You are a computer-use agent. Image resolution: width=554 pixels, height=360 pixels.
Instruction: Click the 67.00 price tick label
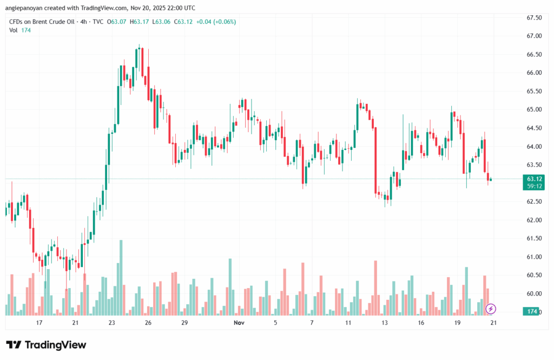(x=535, y=36)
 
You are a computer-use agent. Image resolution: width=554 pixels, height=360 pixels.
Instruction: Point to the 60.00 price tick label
(x=535, y=293)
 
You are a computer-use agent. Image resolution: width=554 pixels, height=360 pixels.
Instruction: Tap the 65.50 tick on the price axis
(x=535, y=91)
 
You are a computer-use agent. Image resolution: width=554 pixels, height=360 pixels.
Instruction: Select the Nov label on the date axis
(x=238, y=323)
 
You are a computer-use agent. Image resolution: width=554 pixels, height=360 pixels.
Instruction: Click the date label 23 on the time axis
(x=111, y=323)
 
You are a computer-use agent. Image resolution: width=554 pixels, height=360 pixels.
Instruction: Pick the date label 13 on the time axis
(x=385, y=323)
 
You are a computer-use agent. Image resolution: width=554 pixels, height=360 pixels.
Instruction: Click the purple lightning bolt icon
(x=491, y=309)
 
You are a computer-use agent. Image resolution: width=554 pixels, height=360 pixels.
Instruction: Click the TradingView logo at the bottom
(x=46, y=345)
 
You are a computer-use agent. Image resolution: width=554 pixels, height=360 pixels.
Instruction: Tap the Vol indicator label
(x=14, y=30)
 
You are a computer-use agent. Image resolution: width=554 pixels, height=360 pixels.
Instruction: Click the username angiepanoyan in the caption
(x=28, y=8)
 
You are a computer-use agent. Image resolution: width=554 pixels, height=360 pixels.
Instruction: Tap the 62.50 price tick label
(x=535, y=201)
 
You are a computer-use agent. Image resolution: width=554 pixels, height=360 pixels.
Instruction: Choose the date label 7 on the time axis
(x=312, y=323)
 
